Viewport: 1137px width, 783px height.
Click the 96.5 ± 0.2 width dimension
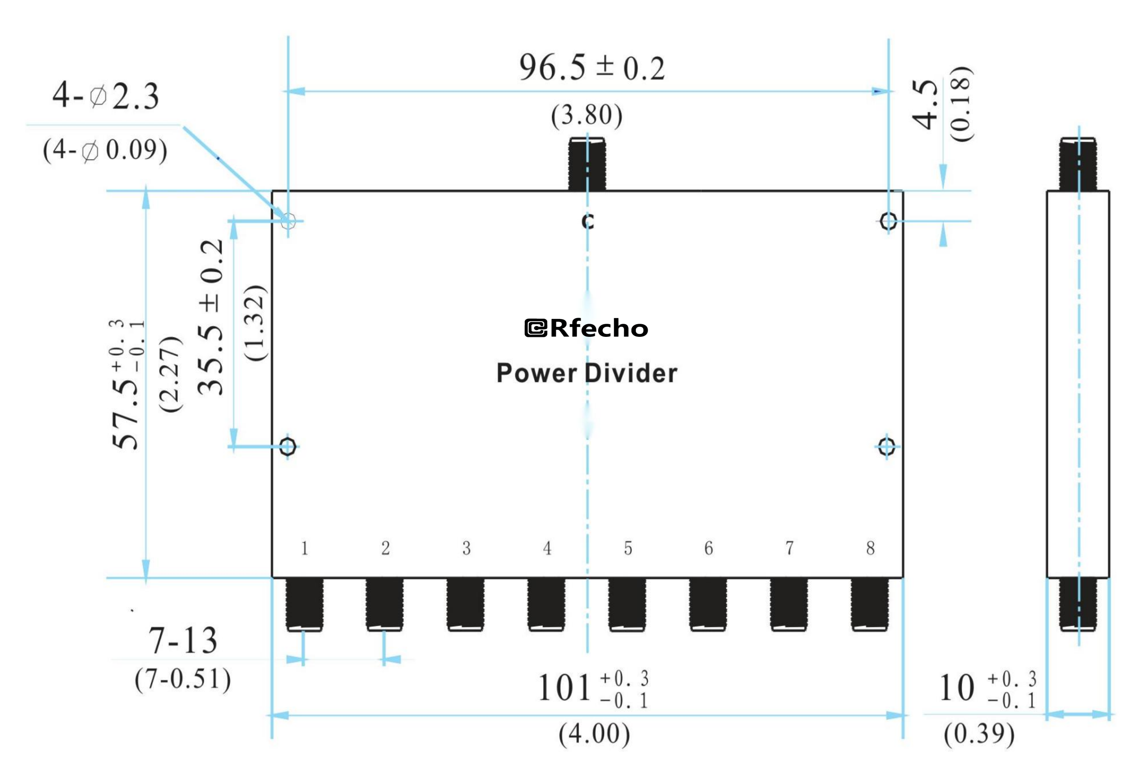pyautogui.click(x=592, y=68)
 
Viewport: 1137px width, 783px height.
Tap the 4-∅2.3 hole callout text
pyautogui.click(x=105, y=96)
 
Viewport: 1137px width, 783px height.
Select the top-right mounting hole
pyautogui.click(x=888, y=221)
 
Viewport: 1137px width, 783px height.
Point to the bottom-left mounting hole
pyautogui.click(x=288, y=447)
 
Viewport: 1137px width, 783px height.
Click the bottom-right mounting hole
pyautogui.click(x=886, y=447)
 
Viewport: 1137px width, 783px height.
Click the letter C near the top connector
pyautogui.click(x=588, y=222)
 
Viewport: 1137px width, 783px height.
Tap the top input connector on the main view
pyautogui.click(x=587, y=164)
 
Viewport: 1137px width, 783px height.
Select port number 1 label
pyautogui.click(x=305, y=548)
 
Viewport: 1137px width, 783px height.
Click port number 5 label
pyautogui.click(x=628, y=548)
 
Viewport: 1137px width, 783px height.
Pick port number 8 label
pyautogui.click(x=870, y=548)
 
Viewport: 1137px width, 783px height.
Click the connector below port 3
pyautogui.click(x=465, y=604)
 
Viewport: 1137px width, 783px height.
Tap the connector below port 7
pyautogui.click(x=789, y=604)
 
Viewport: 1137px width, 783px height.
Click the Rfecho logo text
pyautogui.click(x=587, y=328)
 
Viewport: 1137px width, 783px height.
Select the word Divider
pyautogui.click(x=631, y=373)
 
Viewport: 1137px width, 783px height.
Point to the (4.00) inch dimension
pyautogui.click(x=594, y=734)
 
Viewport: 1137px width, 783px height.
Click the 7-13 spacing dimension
pyautogui.click(x=183, y=641)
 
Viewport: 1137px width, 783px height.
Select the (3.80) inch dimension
pyautogui.click(x=587, y=116)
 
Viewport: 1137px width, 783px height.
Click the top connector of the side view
pyautogui.click(x=1078, y=164)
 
